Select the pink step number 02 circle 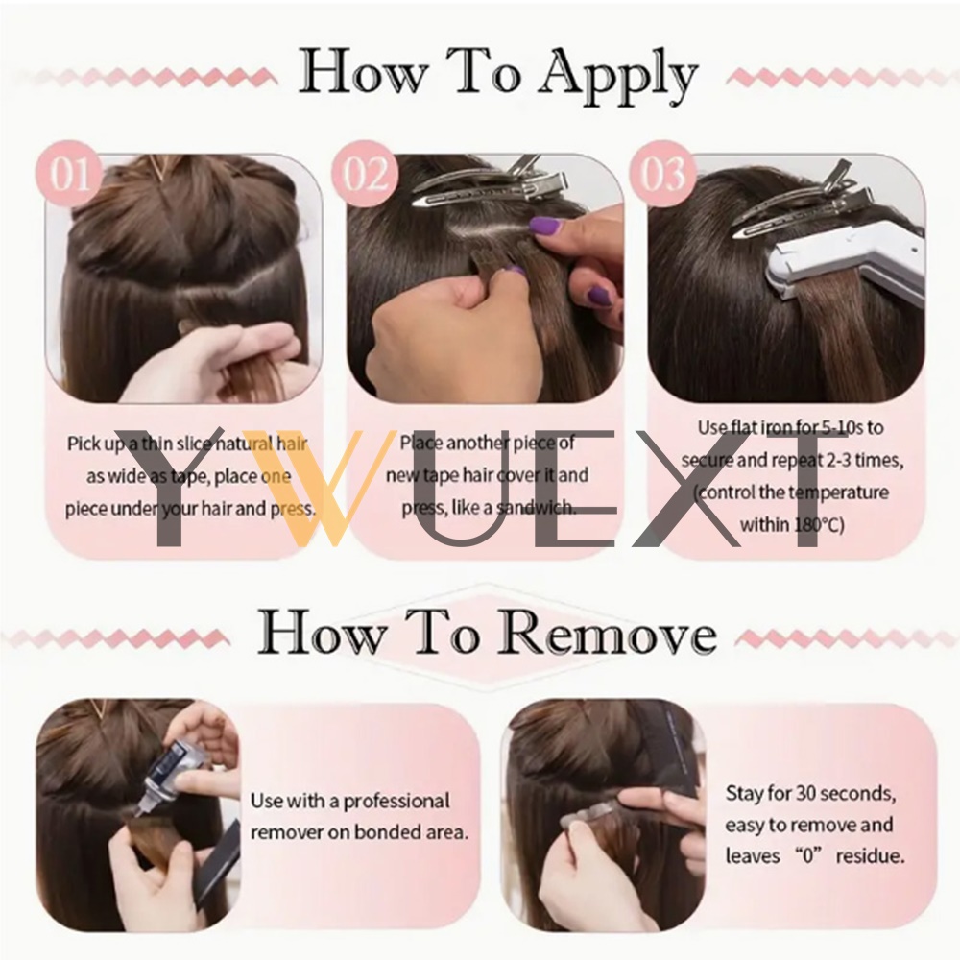point(366,173)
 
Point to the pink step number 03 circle point(662,173)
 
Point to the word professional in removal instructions point(396,802)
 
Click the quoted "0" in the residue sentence point(807,856)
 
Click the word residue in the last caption point(870,856)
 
